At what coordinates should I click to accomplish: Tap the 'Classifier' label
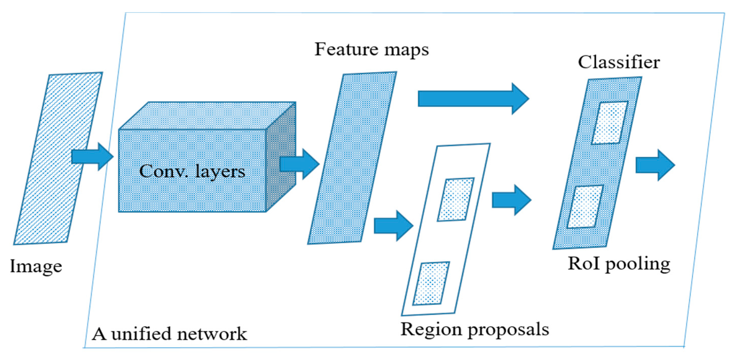click(x=619, y=62)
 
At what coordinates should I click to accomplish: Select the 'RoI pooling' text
click(x=619, y=264)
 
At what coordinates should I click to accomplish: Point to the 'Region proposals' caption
click(x=475, y=330)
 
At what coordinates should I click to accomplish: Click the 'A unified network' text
click(x=169, y=334)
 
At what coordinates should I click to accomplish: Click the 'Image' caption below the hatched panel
click(x=36, y=266)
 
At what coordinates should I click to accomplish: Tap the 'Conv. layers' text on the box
click(x=192, y=171)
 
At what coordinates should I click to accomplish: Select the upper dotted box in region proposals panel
click(x=456, y=199)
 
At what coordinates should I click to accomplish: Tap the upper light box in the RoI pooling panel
click(x=610, y=123)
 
